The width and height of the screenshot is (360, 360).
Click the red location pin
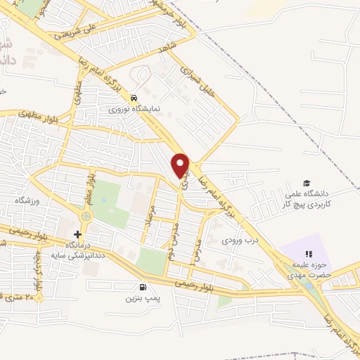pos(181,164)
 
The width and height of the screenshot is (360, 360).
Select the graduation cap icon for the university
pos(306,183)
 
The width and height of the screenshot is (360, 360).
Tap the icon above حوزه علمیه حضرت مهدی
pos(307,254)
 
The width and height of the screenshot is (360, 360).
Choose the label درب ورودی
pos(236,240)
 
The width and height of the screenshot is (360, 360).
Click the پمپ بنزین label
pos(143,299)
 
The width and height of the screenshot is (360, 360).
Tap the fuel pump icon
pos(144,287)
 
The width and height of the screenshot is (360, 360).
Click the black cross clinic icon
pos(77,233)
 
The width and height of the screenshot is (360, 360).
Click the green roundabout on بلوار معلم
pos(89,213)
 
